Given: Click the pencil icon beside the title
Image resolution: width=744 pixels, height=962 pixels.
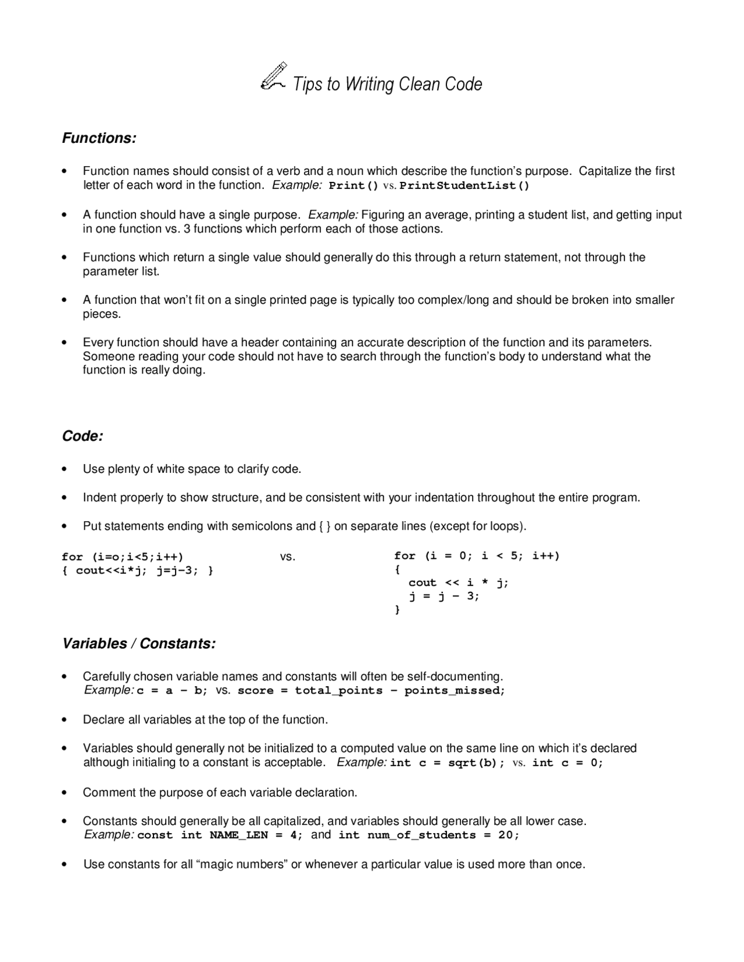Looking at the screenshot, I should point(273,77).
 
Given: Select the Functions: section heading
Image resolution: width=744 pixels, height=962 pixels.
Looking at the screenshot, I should point(99,138).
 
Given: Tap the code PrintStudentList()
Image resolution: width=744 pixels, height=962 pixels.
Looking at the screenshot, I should point(464,186).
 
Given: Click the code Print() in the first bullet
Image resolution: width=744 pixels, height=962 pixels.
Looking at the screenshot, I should point(353,186).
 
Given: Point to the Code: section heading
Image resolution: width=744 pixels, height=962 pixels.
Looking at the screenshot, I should point(83,436).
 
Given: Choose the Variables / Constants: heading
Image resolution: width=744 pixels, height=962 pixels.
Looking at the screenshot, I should point(139,644).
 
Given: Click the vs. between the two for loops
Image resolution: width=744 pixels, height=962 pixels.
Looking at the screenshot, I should point(288,557).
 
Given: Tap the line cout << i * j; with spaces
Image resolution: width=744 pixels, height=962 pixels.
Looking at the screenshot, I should point(458,583).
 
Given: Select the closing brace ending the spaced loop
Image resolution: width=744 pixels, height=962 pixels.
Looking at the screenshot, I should point(398,610).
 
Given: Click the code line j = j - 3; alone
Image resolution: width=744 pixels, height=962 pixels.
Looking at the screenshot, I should point(444,596).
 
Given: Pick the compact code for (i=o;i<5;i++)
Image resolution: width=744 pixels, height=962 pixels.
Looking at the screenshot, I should point(123,557).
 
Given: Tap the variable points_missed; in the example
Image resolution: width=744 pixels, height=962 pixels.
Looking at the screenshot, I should point(455,691).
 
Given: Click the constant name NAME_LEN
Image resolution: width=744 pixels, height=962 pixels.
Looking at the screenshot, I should point(238,835).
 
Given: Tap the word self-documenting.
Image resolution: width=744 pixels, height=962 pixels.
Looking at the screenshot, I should point(455,677).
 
